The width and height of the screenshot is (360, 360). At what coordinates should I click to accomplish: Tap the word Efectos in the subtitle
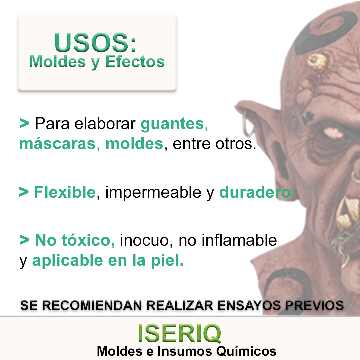[135, 62]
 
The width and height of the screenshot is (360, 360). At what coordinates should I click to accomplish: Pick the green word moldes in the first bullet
[134, 144]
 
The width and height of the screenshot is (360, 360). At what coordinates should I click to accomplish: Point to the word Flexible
[65, 192]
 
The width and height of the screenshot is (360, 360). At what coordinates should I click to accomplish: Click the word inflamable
[239, 240]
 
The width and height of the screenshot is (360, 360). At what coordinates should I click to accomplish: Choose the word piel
[167, 261]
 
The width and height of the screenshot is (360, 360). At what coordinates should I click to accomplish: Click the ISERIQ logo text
[180, 333]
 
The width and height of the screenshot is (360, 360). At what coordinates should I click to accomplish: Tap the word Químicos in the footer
[246, 351]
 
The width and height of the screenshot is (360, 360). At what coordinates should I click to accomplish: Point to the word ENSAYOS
[249, 306]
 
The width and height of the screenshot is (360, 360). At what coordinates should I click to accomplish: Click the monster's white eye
[333, 133]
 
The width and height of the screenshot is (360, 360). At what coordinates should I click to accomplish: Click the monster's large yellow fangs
[347, 214]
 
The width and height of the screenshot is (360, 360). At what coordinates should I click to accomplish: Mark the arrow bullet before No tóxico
[24, 240]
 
